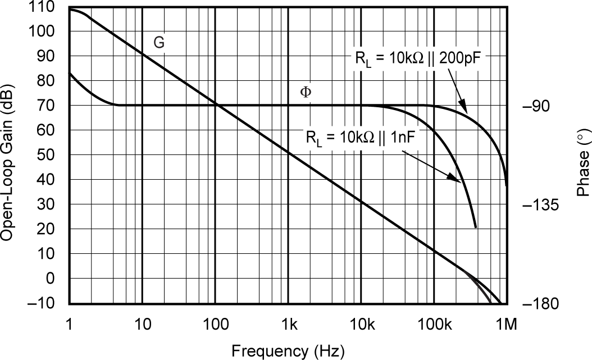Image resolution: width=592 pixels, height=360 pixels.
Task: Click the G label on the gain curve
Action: [159, 43]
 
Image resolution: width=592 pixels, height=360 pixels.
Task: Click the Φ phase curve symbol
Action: [306, 92]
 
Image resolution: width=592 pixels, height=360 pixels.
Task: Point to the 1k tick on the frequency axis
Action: [289, 323]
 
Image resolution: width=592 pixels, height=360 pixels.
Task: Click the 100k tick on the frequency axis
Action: [434, 323]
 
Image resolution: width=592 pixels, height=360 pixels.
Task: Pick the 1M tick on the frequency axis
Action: [507, 323]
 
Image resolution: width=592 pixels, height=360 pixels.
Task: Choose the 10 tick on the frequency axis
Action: [142, 323]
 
